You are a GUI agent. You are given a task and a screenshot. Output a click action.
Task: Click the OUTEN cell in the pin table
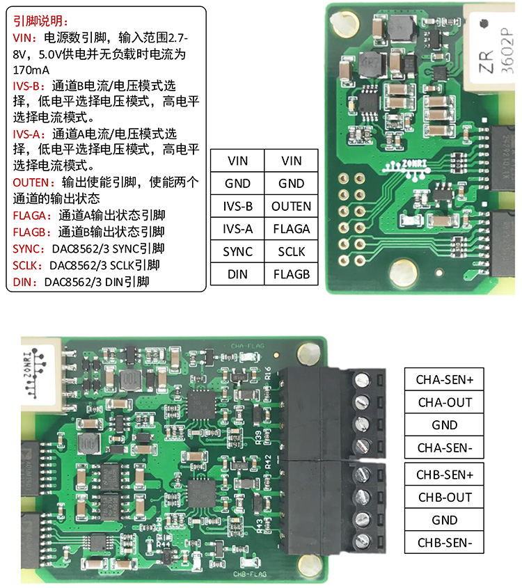click(291, 206)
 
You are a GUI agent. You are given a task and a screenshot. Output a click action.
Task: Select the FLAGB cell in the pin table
click(291, 274)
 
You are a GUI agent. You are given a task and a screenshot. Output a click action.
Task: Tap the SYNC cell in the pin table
click(237, 252)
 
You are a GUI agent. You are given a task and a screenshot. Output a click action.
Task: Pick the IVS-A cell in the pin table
click(237, 229)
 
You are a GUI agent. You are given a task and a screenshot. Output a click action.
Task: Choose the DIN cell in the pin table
click(237, 274)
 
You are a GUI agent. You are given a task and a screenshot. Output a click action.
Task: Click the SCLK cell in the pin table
click(291, 252)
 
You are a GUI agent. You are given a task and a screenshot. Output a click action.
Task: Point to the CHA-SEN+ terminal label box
click(444, 379)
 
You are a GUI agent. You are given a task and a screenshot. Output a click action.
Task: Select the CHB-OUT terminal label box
click(444, 498)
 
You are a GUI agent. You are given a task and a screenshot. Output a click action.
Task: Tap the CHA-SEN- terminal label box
click(444, 447)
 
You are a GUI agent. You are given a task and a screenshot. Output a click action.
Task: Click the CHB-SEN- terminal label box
click(444, 543)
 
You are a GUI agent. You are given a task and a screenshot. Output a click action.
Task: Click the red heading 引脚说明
click(40, 21)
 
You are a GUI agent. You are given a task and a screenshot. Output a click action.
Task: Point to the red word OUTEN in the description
click(31, 182)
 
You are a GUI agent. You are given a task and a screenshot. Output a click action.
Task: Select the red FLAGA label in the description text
click(30, 216)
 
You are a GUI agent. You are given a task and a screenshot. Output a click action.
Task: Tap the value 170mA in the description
click(31, 70)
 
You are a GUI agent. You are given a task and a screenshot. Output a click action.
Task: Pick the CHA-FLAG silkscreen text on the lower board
click(247, 346)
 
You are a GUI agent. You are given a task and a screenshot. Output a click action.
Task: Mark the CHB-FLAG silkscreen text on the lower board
click(250, 574)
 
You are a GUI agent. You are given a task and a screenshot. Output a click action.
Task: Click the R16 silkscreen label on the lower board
click(268, 373)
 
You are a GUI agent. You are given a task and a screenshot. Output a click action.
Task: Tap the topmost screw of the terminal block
click(362, 380)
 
